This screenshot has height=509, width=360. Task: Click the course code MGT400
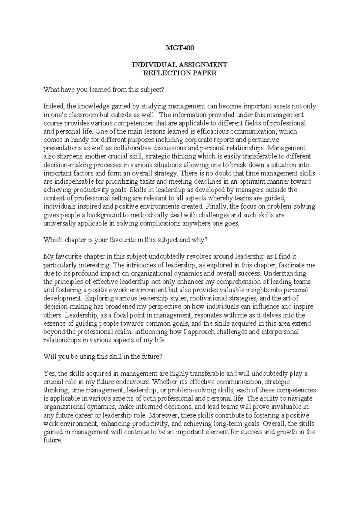180,48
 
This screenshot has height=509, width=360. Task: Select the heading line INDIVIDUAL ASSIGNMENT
180,65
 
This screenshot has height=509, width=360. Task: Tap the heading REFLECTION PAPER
180,73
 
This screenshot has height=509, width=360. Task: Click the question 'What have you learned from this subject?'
104,89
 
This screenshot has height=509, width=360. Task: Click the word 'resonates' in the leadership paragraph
208,315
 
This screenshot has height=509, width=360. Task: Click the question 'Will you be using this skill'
103,357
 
